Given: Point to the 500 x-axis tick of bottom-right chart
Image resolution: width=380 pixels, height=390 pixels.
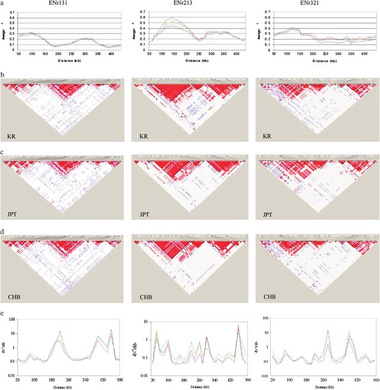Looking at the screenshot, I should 375,379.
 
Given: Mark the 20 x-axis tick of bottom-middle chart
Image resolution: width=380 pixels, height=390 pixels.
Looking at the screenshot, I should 153,379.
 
